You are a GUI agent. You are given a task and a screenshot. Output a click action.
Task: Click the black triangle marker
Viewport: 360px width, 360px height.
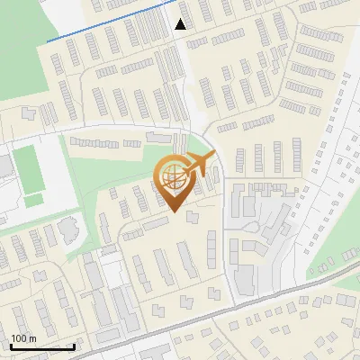tap(181, 24)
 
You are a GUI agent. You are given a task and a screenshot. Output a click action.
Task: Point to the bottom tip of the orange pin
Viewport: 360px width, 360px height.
tap(175, 212)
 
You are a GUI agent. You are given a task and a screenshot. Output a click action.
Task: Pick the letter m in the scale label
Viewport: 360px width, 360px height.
tap(31, 338)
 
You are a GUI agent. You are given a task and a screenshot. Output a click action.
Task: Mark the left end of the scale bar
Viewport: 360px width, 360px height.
tap(11, 346)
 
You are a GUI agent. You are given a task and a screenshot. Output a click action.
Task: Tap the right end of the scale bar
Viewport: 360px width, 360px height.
tap(74, 346)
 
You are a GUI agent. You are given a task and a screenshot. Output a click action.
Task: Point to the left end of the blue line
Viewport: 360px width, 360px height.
tap(47, 40)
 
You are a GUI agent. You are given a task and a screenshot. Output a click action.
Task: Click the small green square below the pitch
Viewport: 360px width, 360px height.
tap(33, 200)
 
